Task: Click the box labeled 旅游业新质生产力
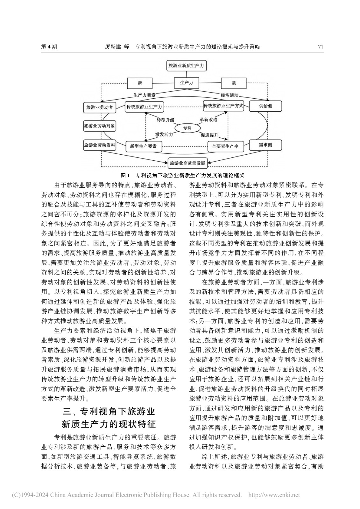pos(187,66)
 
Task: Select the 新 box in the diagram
pos(140,83)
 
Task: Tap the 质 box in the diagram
pos(234,83)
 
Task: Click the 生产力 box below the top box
pos(187,83)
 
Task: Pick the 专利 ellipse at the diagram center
pos(187,128)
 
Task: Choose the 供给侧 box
pos(265,106)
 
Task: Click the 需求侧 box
pos(265,145)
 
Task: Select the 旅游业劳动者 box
pos(100,108)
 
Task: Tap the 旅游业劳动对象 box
pos(99,126)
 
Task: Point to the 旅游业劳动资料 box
pos(99,145)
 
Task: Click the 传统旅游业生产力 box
pos(144,107)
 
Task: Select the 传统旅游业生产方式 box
pos(223,106)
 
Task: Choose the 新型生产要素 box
pos(144,147)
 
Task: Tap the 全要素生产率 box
pos(225,147)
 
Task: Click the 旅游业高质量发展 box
pos(187,163)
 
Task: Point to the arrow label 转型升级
pos(166,120)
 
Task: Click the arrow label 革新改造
pos(208,120)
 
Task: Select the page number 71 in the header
pos(321,47)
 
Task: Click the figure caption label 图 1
pos(125,175)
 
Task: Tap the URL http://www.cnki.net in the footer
pos(274,495)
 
